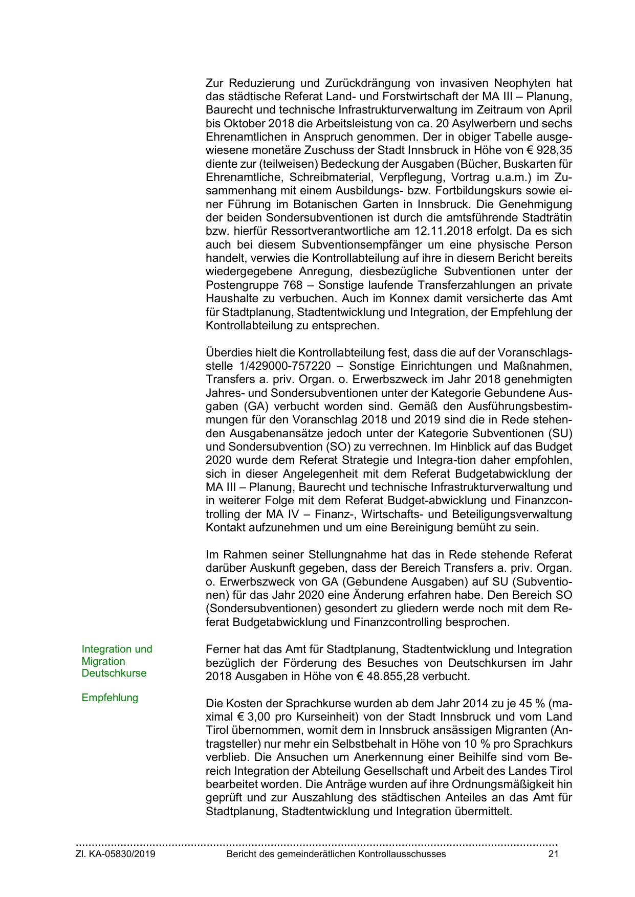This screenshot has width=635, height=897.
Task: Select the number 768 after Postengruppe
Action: click(292, 285)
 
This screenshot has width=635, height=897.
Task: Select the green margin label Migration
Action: click(103, 661)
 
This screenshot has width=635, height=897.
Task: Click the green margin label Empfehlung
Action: click(110, 698)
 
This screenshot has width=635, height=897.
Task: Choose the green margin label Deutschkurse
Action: click(114, 673)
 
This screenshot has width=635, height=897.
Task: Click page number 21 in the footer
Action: click(553, 855)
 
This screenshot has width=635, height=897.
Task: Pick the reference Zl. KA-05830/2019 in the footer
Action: click(116, 855)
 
